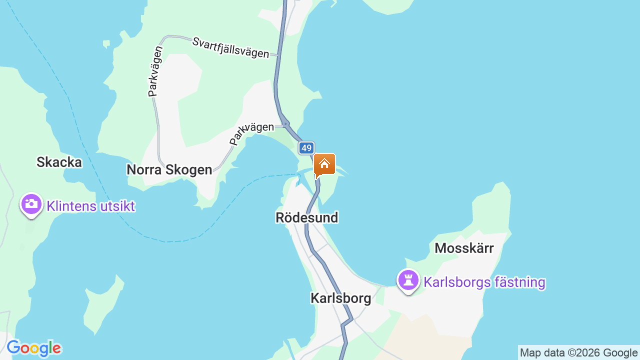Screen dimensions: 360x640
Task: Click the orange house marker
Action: pyautogui.click(x=324, y=164)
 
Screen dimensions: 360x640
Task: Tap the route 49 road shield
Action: pyautogui.click(x=306, y=148)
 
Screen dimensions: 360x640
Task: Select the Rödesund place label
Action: pyautogui.click(x=307, y=217)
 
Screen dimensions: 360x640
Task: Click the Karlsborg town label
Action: pyautogui.click(x=340, y=298)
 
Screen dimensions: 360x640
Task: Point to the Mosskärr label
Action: pyautogui.click(x=464, y=248)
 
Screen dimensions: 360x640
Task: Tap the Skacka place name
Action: pyautogui.click(x=59, y=162)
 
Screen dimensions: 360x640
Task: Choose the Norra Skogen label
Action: pyautogui.click(x=169, y=169)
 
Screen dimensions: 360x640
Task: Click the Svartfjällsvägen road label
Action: pyautogui.click(x=230, y=47)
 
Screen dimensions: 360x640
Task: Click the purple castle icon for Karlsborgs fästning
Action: pyautogui.click(x=408, y=280)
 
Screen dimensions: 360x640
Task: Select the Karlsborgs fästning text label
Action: pyautogui.click(x=484, y=282)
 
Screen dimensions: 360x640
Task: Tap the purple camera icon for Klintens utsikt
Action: pyautogui.click(x=31, y=204)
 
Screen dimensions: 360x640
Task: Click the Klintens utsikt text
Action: pyautogui.click(x=90, y=206)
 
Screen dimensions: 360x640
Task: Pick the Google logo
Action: pyautogui.click(x=34, y=348)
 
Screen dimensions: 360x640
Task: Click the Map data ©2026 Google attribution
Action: pyautogui.click(x=578, y=352)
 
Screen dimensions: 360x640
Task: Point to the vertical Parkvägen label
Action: pyautogui.click(x=155, y=71)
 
